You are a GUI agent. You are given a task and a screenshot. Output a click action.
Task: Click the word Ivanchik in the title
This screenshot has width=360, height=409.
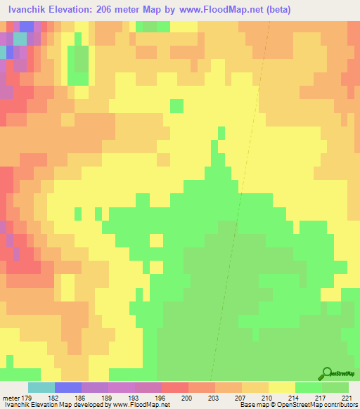[29, 10]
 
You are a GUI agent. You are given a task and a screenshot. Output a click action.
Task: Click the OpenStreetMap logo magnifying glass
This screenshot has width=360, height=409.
[326, 373]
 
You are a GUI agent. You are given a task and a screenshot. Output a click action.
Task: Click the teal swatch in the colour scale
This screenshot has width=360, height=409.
[41, 387]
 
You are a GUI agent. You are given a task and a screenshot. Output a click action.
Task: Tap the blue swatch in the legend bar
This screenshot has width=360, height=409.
[68, 387]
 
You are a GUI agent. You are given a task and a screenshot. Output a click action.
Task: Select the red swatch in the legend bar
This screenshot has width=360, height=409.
[175, 387]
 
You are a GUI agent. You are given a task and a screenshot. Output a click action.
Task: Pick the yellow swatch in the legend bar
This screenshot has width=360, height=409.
[282, 387]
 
